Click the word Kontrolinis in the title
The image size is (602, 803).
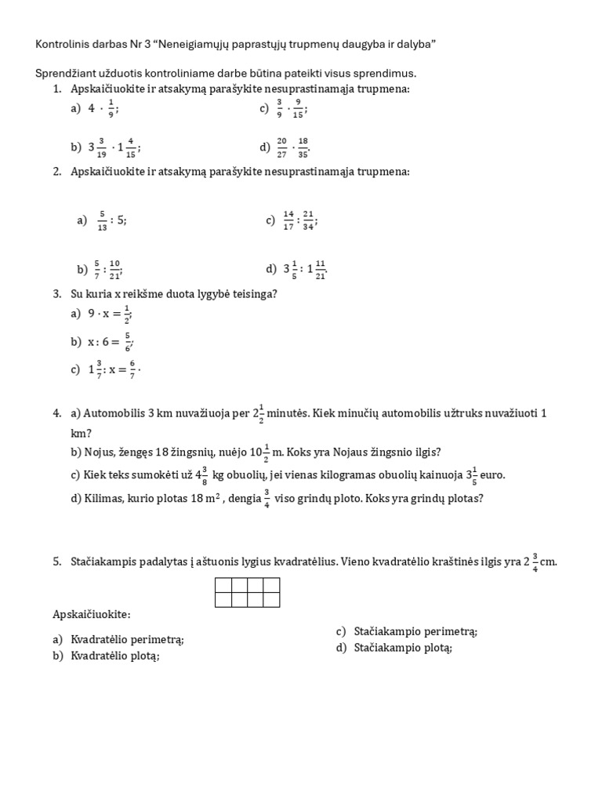60,45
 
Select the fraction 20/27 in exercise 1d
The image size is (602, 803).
282,147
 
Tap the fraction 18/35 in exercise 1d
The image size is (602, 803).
303,147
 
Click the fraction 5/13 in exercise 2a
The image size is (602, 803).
101,221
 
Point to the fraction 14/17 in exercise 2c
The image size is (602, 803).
288,220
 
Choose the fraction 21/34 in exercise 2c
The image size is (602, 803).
310,220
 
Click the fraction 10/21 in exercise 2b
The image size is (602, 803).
116,269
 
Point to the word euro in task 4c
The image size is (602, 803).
491,475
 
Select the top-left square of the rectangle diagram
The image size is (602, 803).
223,585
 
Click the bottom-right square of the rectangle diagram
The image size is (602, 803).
271,600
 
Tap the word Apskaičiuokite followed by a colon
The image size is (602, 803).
92,613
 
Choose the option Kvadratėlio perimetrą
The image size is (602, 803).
127,639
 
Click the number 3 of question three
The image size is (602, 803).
57,294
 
